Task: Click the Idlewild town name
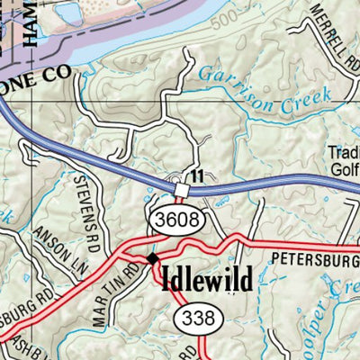coord(206,280)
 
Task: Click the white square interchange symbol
coord(182,190)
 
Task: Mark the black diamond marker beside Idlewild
coord(152,260)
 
